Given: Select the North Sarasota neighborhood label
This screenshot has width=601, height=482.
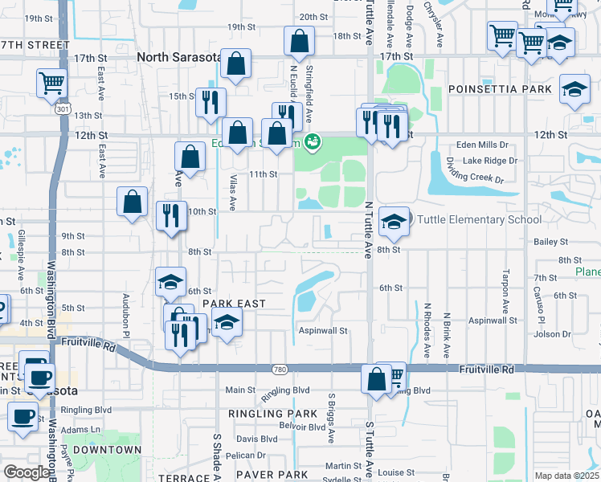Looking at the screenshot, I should coord(184,57).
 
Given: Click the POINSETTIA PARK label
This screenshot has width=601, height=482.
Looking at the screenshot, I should coord(500,88).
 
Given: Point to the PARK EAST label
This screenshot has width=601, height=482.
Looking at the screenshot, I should coord(233,303).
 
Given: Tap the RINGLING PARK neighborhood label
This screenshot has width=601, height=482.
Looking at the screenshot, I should coord(274,414).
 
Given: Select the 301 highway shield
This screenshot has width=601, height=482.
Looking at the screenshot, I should coord(62,108).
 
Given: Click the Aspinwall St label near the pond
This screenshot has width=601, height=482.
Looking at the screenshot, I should coord(322,330).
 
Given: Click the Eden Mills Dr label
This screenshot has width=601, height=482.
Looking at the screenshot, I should coord(482,145).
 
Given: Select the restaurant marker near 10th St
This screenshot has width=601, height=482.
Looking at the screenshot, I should coord(171,216).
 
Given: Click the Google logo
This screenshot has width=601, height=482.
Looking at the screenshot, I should coord(27,472).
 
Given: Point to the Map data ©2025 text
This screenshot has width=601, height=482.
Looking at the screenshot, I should coord(566,476).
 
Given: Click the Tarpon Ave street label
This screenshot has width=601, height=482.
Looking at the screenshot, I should coord(506,291).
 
